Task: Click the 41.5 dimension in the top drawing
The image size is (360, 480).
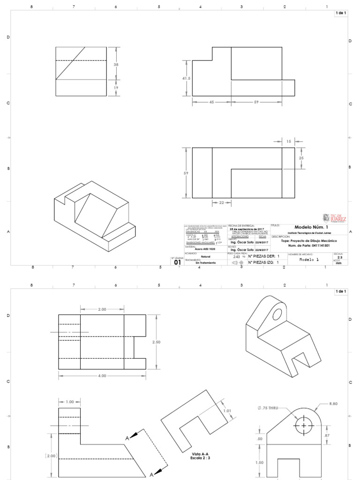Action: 186,79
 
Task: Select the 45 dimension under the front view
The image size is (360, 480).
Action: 211,101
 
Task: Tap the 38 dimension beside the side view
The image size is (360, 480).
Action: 116,64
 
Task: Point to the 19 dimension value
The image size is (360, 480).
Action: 116,88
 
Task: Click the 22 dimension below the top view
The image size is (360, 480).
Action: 221,202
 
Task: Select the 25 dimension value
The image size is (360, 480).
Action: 301,158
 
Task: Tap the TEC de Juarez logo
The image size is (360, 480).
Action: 335,218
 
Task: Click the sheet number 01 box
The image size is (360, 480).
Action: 177,262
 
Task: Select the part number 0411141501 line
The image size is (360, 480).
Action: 309,245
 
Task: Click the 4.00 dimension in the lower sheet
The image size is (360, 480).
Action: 102,375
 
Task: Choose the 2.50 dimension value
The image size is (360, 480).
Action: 157,342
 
